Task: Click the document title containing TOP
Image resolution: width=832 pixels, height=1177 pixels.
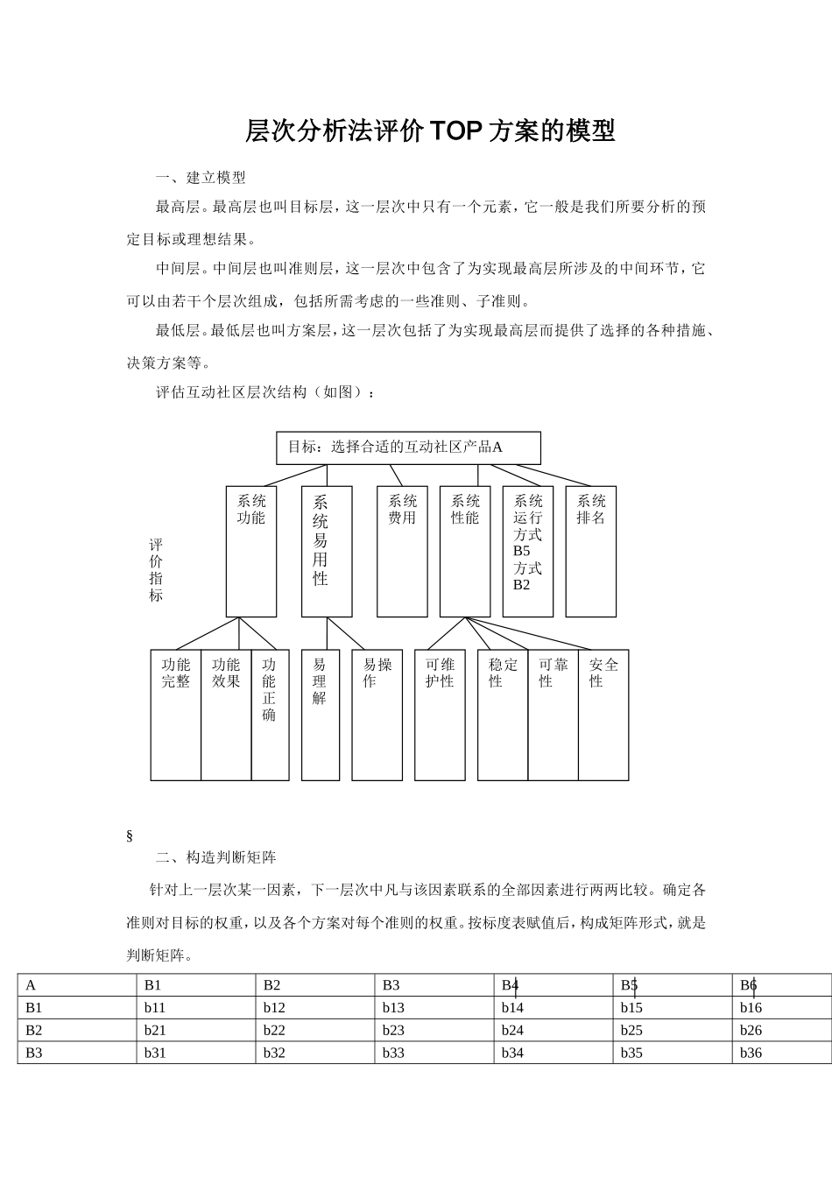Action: click(x=430, y=130)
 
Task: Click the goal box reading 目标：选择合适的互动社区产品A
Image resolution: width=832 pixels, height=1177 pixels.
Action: click(x=408, y=448)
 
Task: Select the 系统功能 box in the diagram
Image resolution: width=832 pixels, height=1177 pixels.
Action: click(x=251, y=551)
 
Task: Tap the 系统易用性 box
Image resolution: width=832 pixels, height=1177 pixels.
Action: click(x=327, y=551)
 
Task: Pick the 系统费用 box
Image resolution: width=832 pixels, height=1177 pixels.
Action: click(x=402, y=551)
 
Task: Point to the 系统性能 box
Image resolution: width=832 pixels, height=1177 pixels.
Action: click(x=465, y=551)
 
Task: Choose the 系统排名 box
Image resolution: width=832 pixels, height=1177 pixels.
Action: click(x=591, y=551)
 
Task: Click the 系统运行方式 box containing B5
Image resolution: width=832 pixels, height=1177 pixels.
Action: click(x=528, y=551)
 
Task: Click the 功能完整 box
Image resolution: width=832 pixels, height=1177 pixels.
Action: click(x=176, y=714)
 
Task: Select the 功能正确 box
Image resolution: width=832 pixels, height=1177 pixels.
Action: click(x=270, y=714)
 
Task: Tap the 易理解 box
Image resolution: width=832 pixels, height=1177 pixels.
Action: click(x=321, y=714)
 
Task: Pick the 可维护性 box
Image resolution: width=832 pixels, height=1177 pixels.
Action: click(x=440, y=714)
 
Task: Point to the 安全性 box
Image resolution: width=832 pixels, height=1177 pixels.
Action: click(x=603, y=714)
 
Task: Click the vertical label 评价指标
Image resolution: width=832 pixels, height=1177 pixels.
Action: click(x=156, y=570)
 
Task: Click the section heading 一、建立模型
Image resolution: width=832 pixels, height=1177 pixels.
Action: click(x=201, y=178)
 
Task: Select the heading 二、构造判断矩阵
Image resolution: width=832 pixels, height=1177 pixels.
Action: click(x=216, y=856)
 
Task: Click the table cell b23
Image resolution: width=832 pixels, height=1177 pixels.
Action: click(x=394, y=1030)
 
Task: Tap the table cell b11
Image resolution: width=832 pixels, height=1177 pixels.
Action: click(x=155, y=1007)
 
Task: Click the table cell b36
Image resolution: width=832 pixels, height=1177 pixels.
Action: click(x=751, y=1053)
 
